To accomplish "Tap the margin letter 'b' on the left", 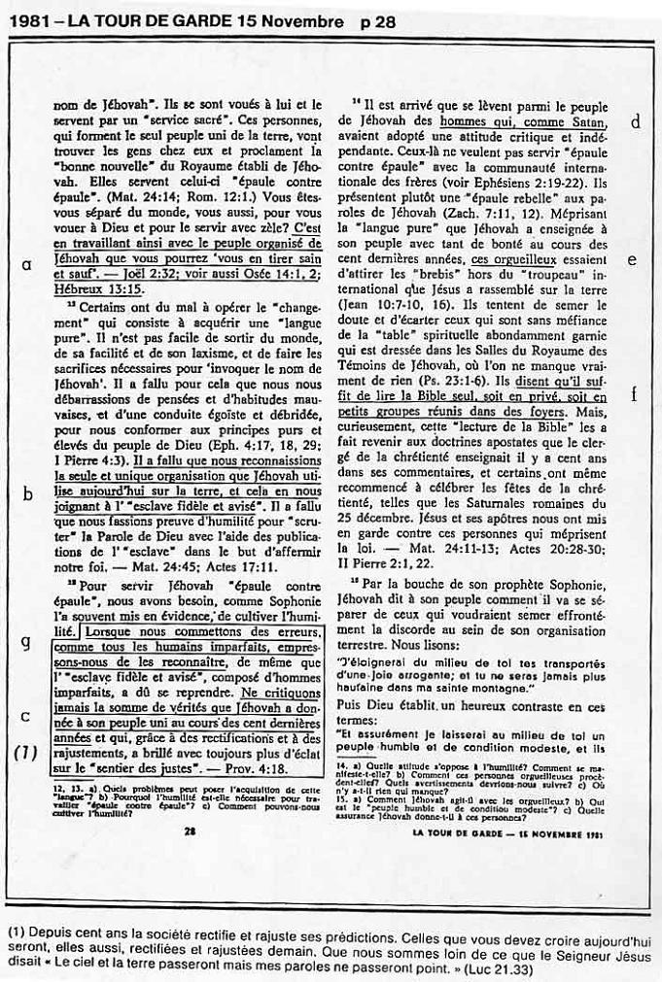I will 27,493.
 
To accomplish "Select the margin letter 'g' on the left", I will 26,644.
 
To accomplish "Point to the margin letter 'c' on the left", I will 26,717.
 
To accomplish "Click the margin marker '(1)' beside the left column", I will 26,753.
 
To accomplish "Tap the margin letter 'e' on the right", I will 633,259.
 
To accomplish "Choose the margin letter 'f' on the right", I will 634,393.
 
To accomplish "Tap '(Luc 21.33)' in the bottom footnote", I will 492,968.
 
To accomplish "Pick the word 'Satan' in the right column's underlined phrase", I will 585,123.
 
